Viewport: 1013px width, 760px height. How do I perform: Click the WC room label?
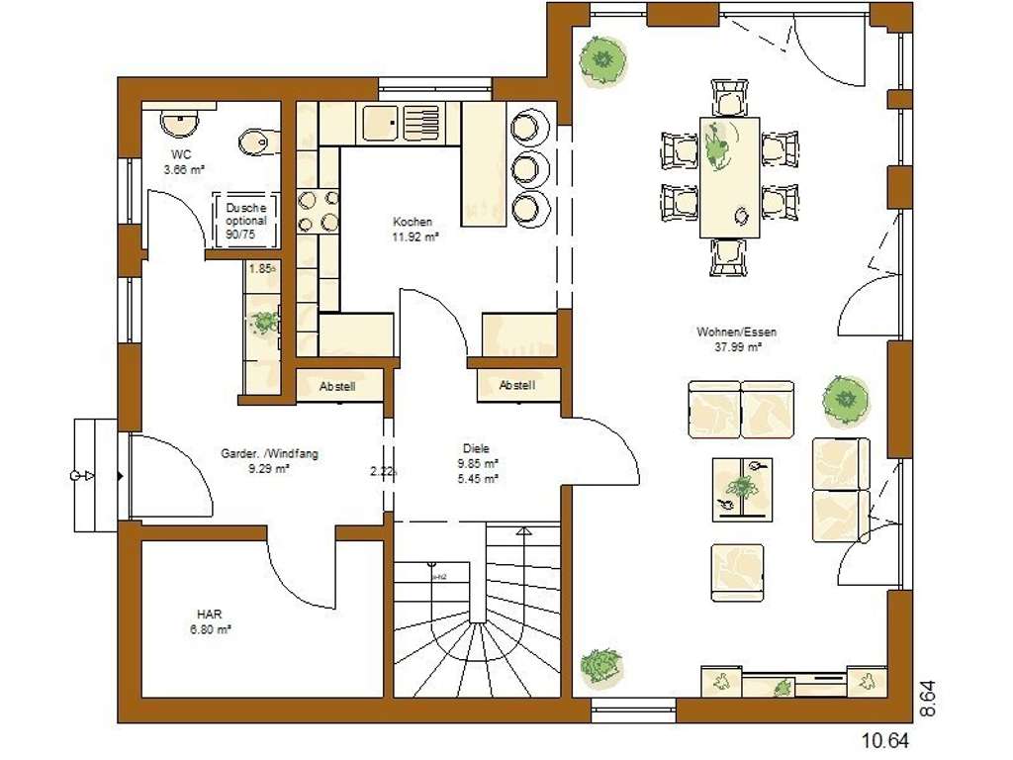181,154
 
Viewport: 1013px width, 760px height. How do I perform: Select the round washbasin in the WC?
179,125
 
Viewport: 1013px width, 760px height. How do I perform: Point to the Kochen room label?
413,222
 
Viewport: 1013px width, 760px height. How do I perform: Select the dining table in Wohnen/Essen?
730,177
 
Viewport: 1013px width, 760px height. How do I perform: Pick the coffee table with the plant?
740,488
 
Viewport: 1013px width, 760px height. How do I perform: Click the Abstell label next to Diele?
517,385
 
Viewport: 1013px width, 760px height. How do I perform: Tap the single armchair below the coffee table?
738,572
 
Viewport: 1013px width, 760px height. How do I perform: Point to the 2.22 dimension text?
383,471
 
